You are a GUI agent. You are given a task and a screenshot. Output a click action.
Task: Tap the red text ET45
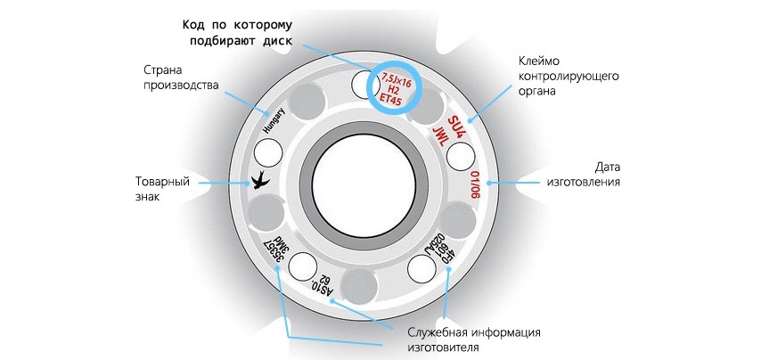[x=392, y=101]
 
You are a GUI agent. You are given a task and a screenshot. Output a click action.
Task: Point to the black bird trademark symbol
[x=260, y=180]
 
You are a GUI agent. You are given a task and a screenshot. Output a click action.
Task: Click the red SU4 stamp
[x=457, y=122]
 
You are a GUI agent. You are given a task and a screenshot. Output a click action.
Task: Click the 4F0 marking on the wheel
[x=453, y=250]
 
